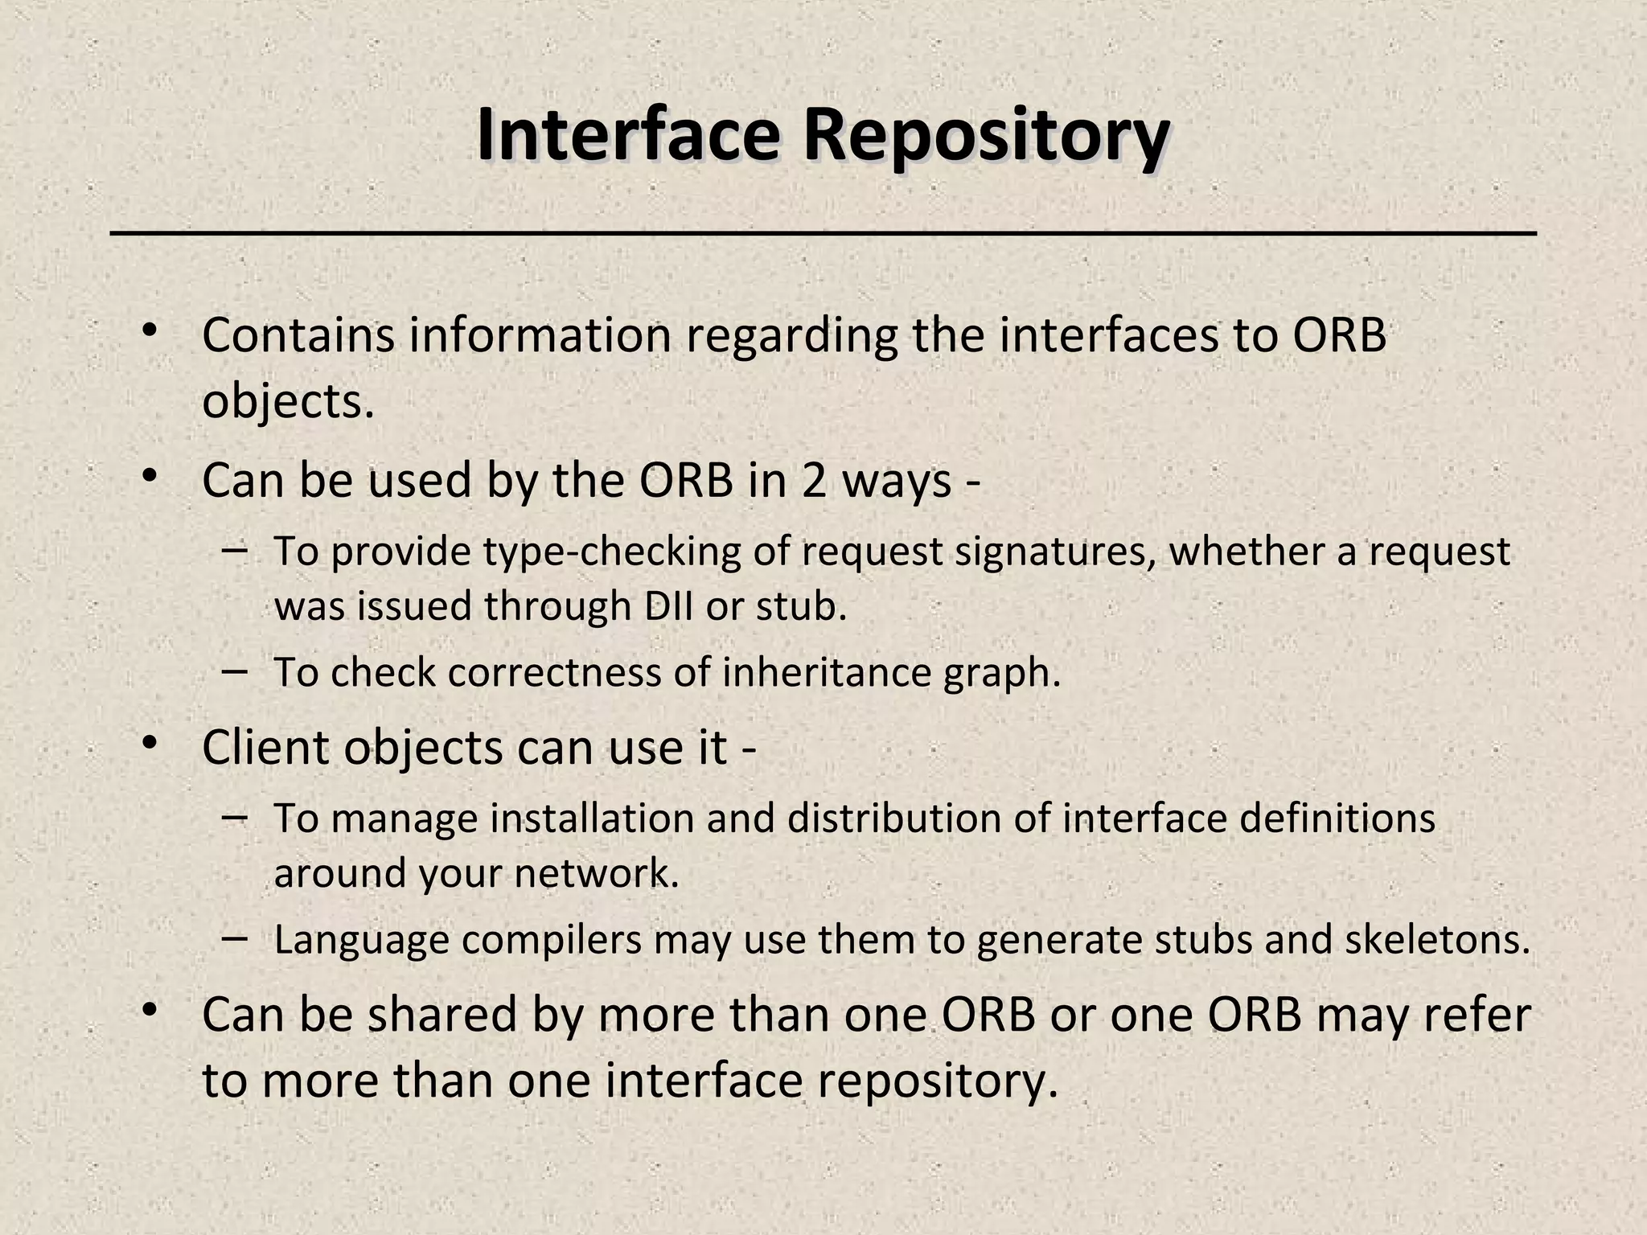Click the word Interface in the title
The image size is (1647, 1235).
pyautogui.click(x=627, y=135)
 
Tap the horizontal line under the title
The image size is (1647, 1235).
pyautogui.click(x=823, y=234)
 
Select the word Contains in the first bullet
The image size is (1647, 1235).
pyautogui.click(x=298, y=335)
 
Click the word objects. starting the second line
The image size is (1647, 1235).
pyautogui.click(x=288, y=402)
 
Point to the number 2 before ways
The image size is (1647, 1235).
pyautogui.click(x=814, y=481)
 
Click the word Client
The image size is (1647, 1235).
pyautogui.click(x=266, y=747)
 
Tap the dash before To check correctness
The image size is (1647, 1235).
pyautogui.click(x=233, y=671)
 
